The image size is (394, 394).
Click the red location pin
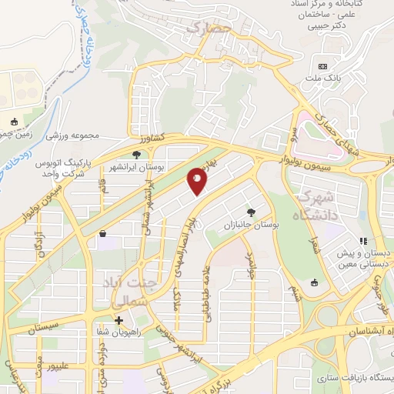198,181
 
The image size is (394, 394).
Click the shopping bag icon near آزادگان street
102,234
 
